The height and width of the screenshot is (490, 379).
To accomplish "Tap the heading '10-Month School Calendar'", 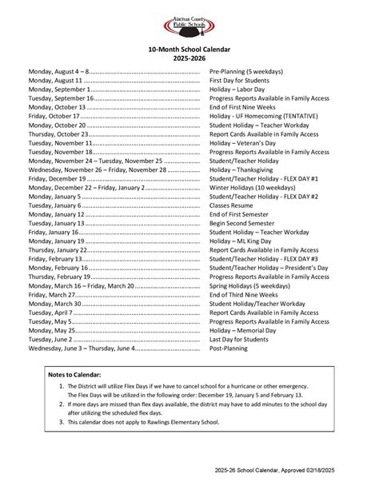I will (x=189, y=50).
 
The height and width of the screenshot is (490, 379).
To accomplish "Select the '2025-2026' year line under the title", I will (x=189, y=58).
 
